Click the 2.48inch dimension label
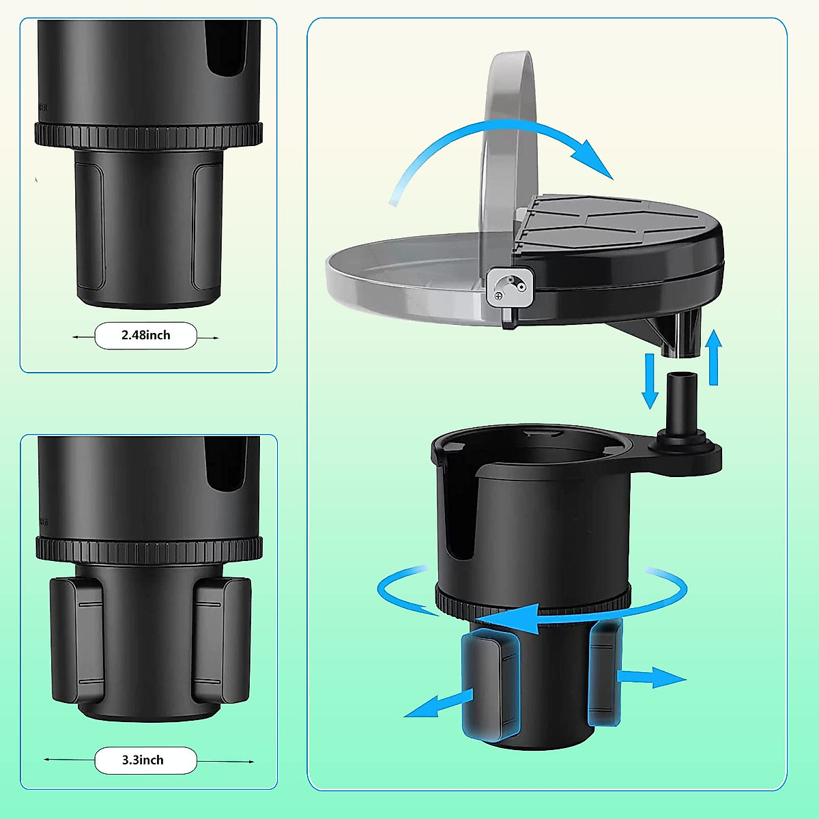click(145, 335)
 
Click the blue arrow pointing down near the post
click(650, 382)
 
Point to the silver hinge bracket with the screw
click(509, 288)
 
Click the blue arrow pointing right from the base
click(652, 678)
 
